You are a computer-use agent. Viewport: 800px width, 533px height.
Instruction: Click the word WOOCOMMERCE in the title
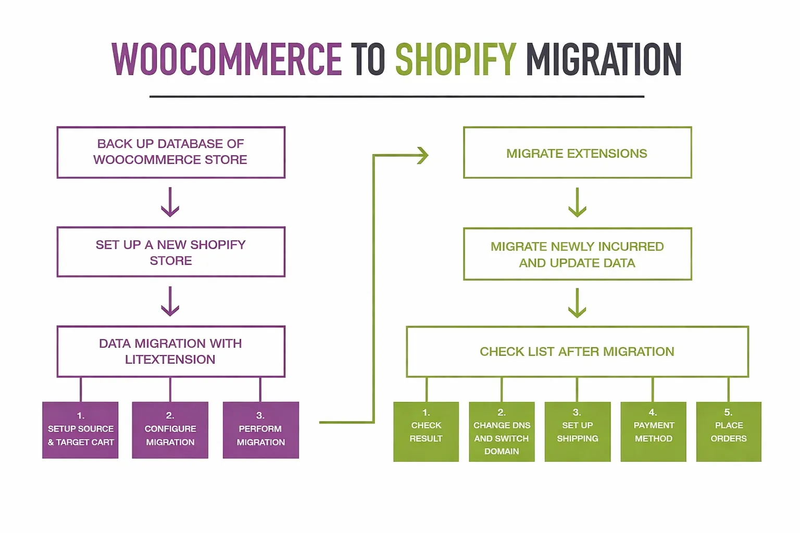coord(227,59)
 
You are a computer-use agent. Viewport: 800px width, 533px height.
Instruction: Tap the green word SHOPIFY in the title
coord(456,59)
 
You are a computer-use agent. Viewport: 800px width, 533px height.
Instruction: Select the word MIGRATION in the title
coord(604,59)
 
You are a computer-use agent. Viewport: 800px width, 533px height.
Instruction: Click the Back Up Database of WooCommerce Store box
coord(171,152)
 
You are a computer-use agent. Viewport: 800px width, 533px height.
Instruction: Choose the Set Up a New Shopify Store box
coord(171,252)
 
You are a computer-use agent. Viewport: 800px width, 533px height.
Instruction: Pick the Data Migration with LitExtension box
coord(171,351)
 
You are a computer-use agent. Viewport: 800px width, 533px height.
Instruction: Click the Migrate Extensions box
coord(577,153)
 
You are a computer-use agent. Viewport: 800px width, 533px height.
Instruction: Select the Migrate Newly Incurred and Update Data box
coord(577,254)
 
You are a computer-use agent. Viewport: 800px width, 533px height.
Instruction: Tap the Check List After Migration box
coord(577,351)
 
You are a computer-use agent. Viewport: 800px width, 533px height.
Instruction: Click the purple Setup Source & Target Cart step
coord(80,430)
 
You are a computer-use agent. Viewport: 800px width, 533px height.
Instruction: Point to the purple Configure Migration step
coord(170,430)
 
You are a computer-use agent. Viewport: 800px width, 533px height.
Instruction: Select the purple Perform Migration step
coord(260,430)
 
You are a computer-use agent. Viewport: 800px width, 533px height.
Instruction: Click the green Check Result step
coord(426,432)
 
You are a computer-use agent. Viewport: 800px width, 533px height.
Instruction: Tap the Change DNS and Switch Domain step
coord(502,432)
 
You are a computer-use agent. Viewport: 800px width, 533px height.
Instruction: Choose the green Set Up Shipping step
coord(577,432)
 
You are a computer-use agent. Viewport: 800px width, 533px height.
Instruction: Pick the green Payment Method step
coord(653,432)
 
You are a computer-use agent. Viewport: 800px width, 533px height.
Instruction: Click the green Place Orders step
coord(729,432)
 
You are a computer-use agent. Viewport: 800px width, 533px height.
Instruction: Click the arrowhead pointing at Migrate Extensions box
coord(423,155)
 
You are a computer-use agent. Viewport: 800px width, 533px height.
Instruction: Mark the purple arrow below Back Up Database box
coord(170,202)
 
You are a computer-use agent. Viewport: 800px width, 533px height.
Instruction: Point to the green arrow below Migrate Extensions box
coord(577,202)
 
